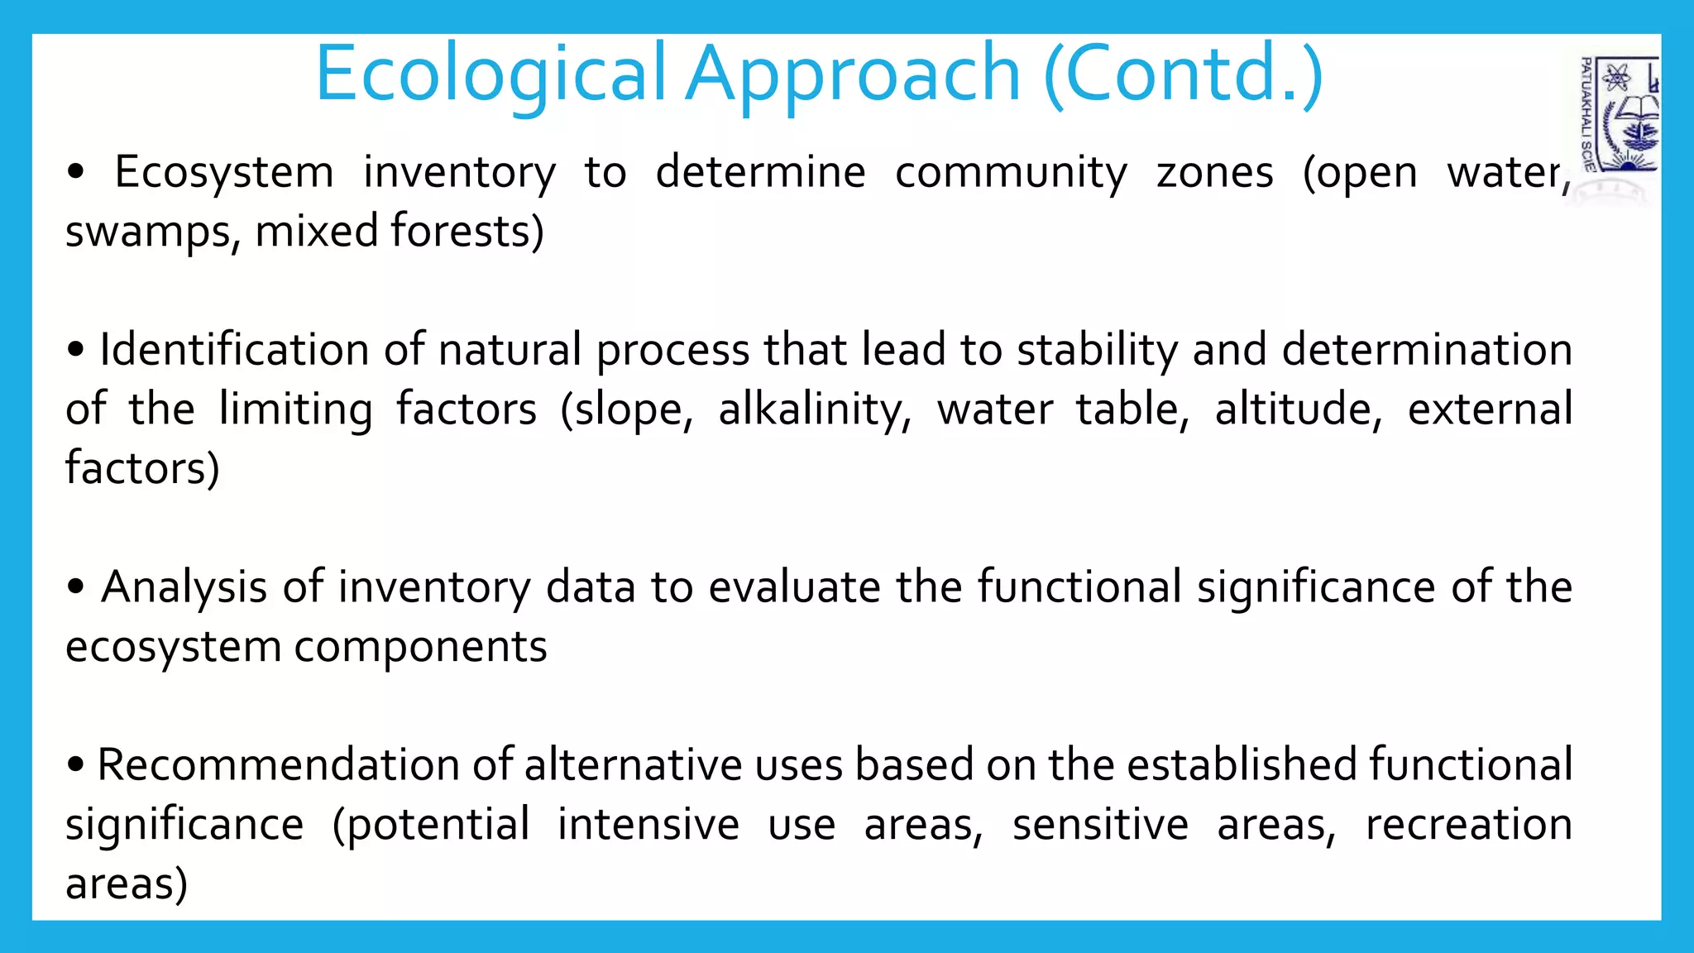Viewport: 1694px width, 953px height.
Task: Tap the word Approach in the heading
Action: [x=854, y=74]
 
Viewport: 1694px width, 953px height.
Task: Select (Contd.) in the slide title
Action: [x=1183, y=74]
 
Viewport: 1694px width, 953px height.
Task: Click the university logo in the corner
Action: [x=1620, y=116]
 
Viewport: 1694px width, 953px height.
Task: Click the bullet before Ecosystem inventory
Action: [x=76, y=172]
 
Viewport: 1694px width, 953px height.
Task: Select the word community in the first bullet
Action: [x=1011, y=173]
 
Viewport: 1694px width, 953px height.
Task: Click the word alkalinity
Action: [x=814, y=409]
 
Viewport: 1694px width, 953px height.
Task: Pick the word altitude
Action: [x=1297, y=409]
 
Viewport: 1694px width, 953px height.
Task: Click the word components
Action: [x=420, y=647]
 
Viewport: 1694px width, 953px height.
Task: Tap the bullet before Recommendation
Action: [x=76, y=765]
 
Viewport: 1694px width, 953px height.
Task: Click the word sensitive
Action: [x=1100, y=825]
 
